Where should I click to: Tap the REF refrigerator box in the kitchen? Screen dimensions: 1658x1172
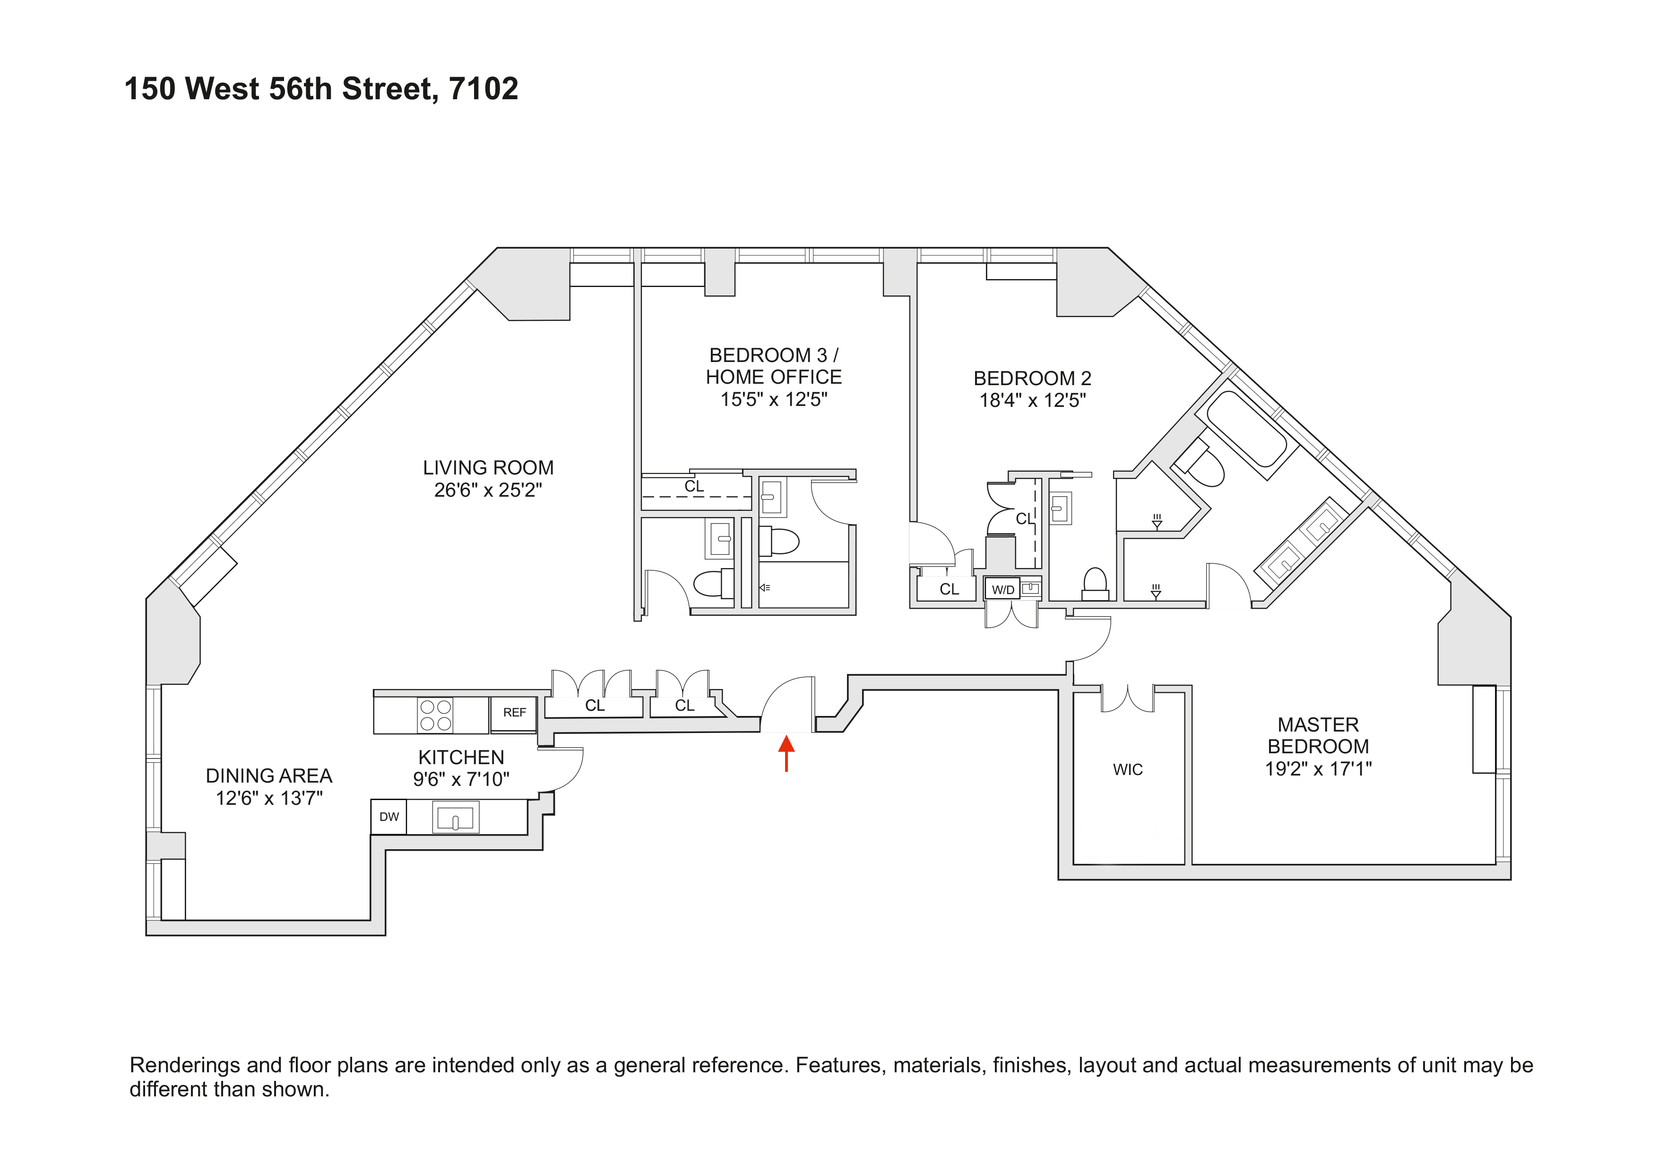tap(514, 713)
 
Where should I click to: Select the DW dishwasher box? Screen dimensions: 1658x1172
tap(389, 817)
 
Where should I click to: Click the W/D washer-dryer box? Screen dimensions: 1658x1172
tap(1002, 589)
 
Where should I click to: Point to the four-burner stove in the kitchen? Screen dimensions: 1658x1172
tap(435, 715)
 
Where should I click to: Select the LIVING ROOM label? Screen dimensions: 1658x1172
tap(488, 468)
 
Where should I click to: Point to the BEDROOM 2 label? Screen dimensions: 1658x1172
tap(1032, 379)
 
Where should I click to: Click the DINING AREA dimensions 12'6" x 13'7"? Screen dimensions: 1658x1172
tap(268, 798)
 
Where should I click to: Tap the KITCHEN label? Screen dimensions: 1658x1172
tap(461, 758)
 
